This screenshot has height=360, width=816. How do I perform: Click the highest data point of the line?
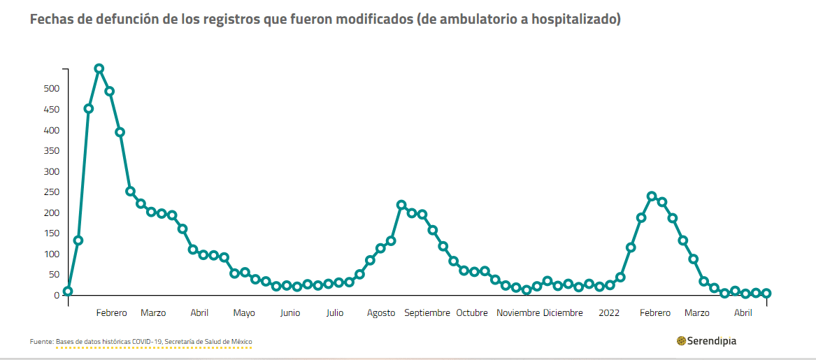[99, 69]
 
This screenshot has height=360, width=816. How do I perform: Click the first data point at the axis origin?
[68, 291]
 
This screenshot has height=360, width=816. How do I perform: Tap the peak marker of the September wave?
[401, 205]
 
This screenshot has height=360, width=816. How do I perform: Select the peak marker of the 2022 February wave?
[652, 196]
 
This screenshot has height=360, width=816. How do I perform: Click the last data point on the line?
[766, 294]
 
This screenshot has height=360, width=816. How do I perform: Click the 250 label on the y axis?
[52, 192]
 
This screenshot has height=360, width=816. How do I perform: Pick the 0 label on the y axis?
[57, 295]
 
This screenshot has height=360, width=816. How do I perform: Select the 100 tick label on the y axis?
[52, 254]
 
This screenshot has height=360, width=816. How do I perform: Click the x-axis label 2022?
[609, 313]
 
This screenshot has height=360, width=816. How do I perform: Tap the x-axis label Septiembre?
[427, 313]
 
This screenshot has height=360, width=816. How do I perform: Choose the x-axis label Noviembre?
[518, 313]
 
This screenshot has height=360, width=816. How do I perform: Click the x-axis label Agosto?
[381, 313]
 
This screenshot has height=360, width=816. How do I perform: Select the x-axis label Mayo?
[244, 313]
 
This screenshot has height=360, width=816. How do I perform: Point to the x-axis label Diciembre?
[563, 313]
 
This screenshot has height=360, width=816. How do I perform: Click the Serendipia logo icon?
[681, 341]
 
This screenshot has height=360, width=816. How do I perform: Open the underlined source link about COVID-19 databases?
[154, 342]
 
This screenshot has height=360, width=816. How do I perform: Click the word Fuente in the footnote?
[41, 342]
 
